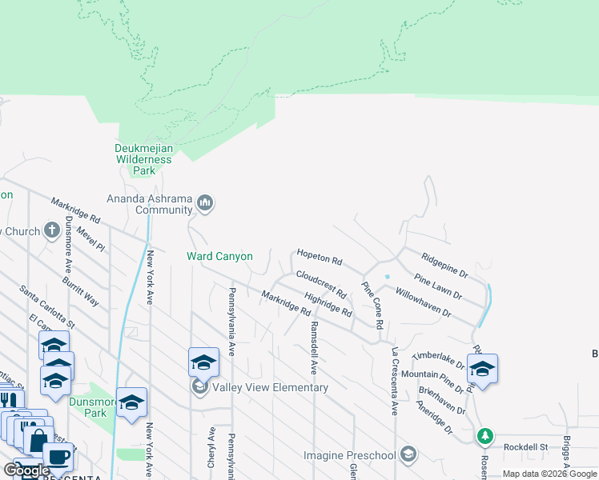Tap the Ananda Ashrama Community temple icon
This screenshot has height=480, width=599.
206,203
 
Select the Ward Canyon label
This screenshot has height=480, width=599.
219,257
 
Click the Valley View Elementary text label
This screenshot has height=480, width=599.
270,388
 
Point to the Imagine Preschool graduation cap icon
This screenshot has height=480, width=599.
408,455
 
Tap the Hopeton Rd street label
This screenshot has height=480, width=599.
320,257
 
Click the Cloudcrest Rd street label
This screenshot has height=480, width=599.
320,283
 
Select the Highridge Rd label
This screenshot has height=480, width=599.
328,305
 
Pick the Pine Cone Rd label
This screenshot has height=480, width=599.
373,304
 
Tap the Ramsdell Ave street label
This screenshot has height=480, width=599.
315,349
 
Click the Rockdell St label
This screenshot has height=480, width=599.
525,447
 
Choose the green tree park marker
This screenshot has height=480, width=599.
484,437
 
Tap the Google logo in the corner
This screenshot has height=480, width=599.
26,470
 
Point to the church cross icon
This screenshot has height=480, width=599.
52,231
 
